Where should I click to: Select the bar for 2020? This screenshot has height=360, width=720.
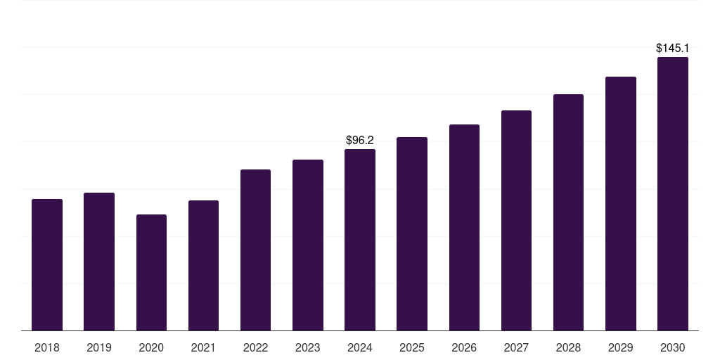151,272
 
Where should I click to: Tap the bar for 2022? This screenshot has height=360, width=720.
255,250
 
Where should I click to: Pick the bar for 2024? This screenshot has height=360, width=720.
360,240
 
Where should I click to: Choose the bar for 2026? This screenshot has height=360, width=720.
464,227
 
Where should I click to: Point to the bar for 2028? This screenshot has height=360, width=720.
568,212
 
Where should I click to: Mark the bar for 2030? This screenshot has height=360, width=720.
673,193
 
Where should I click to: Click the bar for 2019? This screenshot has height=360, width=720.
99,262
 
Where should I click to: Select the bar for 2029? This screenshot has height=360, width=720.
621,203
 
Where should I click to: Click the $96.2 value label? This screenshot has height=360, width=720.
360,141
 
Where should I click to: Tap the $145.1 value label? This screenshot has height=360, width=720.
673,49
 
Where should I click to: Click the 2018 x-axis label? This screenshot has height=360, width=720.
47,347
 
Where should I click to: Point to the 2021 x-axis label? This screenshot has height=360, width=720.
203,347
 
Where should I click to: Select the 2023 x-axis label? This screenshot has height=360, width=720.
308,347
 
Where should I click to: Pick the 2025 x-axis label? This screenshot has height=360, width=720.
412,347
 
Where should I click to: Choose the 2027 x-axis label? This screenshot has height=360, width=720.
516,347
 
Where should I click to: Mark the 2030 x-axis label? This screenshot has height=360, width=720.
673,347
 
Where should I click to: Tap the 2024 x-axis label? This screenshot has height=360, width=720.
360,347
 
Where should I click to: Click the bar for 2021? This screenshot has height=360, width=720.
203,265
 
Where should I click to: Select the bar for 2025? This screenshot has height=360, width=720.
412,233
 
